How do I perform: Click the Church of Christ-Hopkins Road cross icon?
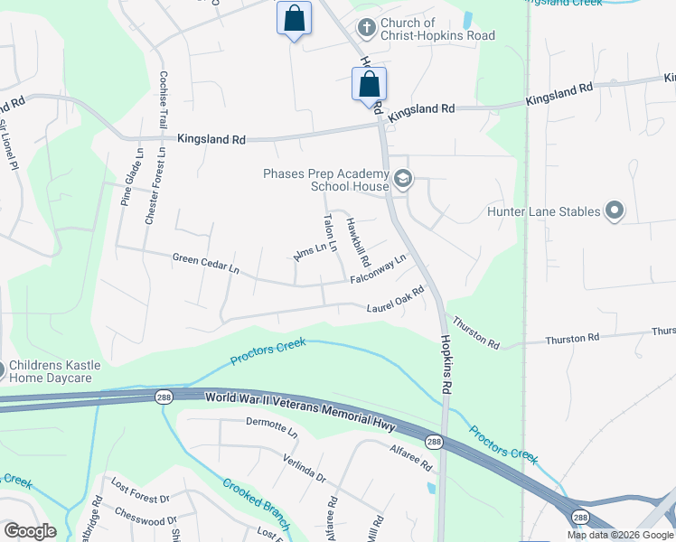(366, 27)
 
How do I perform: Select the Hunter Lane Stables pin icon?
(615, 211)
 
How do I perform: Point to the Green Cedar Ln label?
(206, 264)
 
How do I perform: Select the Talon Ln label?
(332, 232)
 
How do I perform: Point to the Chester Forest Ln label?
(162, 182)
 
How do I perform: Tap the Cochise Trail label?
(164, 99)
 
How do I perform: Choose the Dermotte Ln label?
(271, 426)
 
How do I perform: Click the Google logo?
(29, 531)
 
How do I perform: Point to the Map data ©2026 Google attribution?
(620, 535)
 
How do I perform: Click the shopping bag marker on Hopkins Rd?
(369, 85)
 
